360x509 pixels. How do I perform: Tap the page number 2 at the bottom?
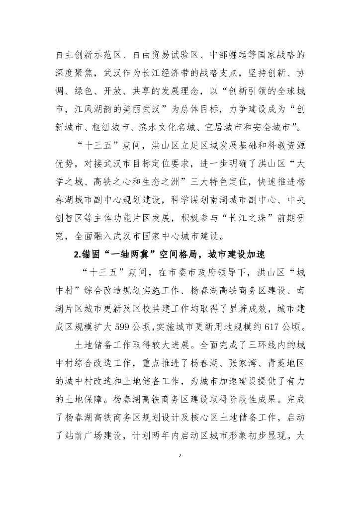180,455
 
